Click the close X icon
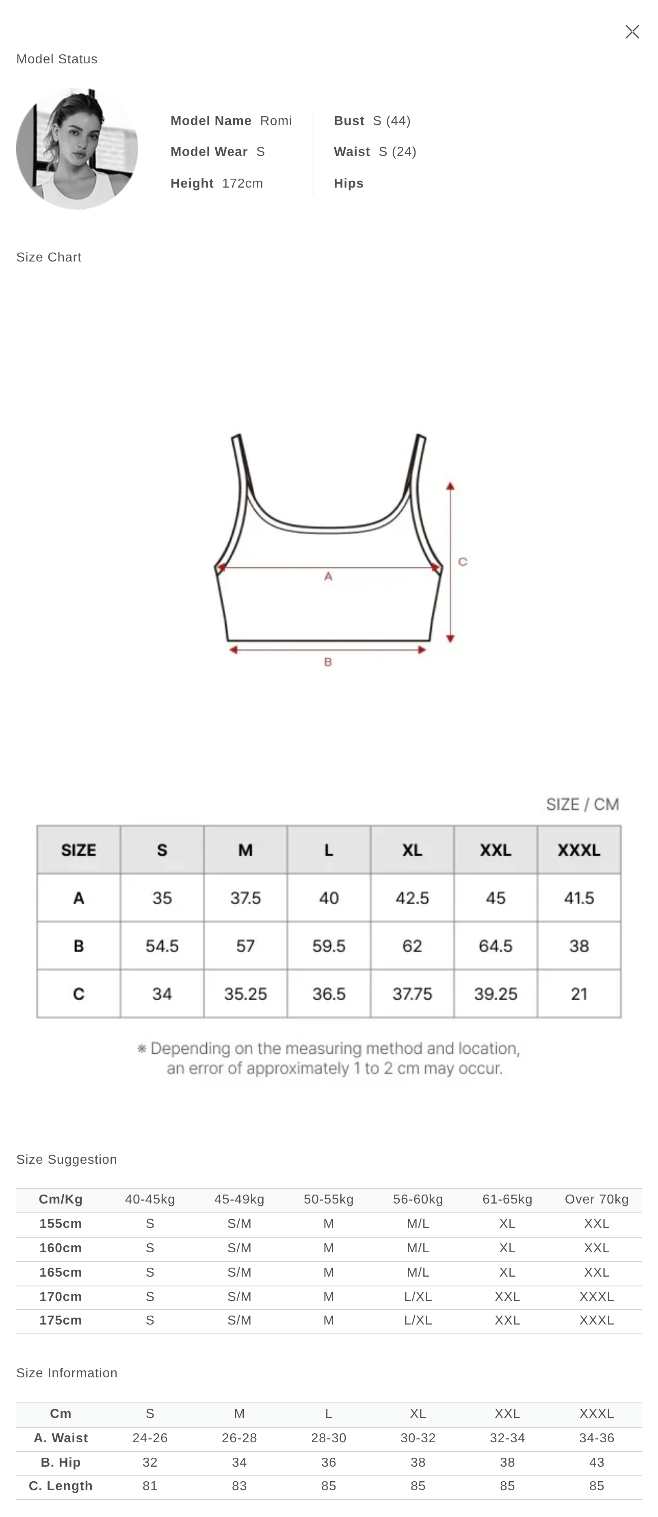[632, 32]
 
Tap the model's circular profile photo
[77, 148]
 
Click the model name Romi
[276, 121]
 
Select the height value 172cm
[243, 183]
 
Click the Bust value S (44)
[392, 121]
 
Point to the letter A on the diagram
[328, 577]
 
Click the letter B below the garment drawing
[328, 662]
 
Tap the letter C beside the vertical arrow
[463, 562]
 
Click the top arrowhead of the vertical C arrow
[450, 486]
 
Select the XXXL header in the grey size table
[579, 850]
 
